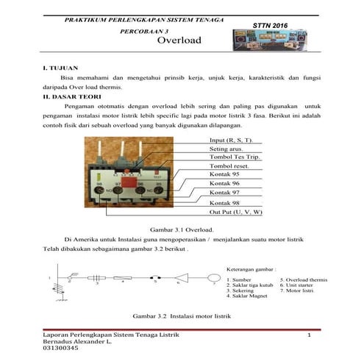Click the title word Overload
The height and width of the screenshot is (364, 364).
click(180, 41)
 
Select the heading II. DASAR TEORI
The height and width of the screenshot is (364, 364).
click(71, 96)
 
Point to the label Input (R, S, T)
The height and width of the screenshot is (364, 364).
click(231, 140)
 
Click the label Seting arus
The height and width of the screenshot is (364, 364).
click(226, 149)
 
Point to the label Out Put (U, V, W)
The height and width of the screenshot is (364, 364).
click(235, 212)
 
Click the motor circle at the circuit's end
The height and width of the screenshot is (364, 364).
click(212, 280)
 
